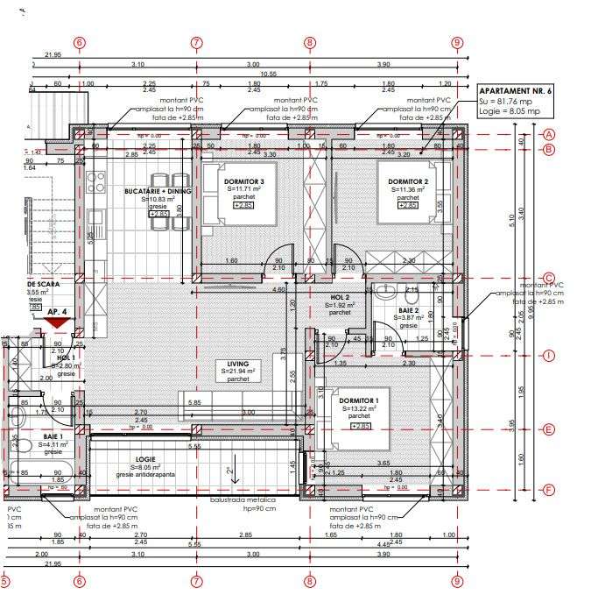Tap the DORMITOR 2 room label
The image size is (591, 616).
coord(406,181)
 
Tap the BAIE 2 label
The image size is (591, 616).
coord(410,311)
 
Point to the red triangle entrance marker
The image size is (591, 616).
coord(58,323)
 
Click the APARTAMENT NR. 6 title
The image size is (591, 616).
coord(516,90)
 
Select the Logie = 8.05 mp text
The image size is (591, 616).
coord(509,111)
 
